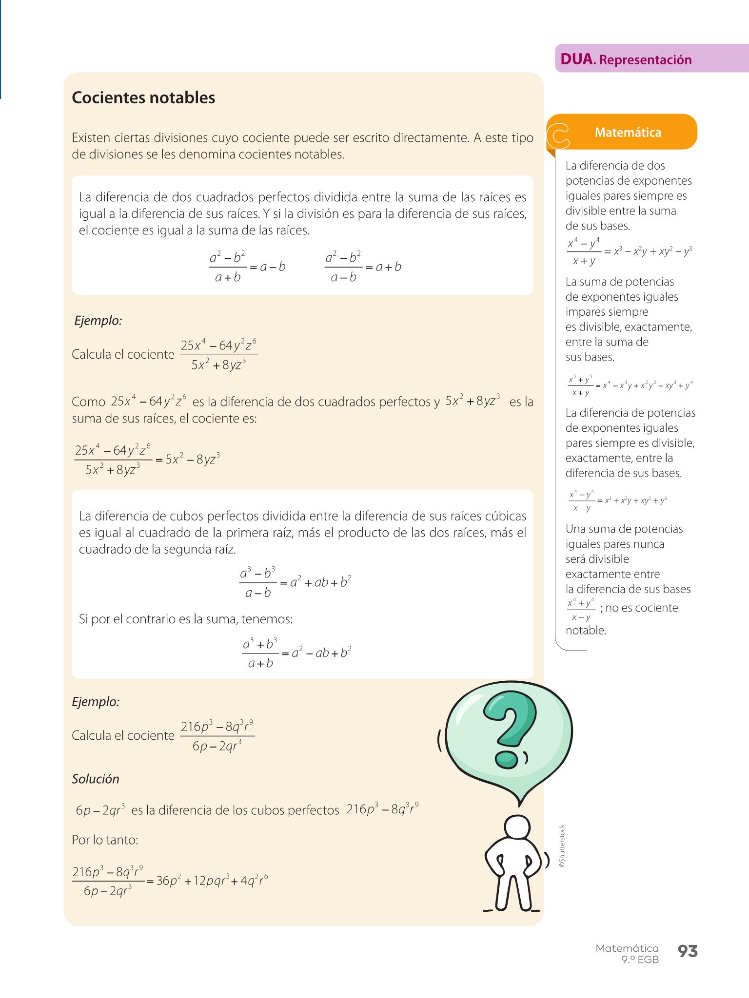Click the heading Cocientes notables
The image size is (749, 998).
(x=143, y=97)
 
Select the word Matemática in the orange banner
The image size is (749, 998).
(x=628, y=133)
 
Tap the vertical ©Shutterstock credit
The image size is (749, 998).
(x=562, y=845)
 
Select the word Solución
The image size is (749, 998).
(x=96, y=779)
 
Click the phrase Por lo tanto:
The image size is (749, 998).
(x=105, y=840)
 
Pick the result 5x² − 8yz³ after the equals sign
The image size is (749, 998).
(x=193, y=459)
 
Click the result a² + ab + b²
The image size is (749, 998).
(x=321, y=582)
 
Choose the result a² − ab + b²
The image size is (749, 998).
(x=321, y=653)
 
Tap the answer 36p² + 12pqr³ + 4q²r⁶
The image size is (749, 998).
(x=212, y=881)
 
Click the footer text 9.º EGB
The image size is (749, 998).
(x=640, y=960)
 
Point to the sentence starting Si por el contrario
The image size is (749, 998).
(x=186, y=619)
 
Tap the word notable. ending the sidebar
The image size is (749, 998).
(x=586, y=630)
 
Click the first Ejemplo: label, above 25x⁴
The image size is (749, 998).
(x=98, y=321)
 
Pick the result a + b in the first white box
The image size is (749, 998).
(x=388, y=267)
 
